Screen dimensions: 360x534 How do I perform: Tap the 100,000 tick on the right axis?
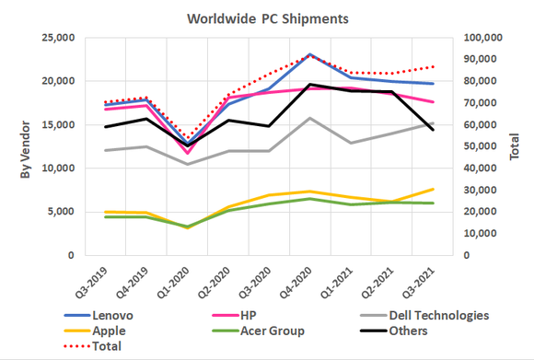click(x=484, y=38)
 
